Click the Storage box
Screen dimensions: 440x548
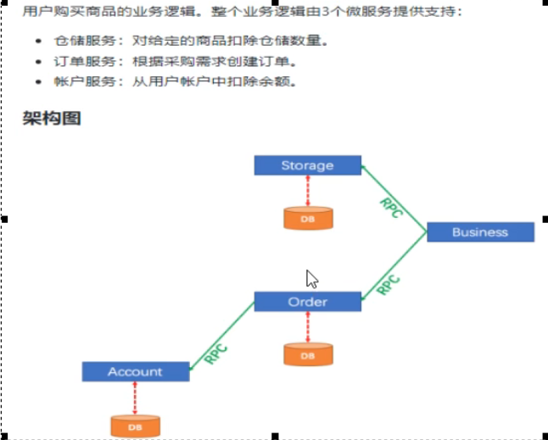(x=307, y=165)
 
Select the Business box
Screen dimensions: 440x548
(x=480, y=232)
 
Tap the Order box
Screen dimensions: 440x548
(x=307, y=302)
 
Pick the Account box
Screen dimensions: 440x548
(x=135, y=371)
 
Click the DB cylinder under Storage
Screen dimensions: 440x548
(x=307, y=219)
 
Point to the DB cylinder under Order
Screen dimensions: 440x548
(x=307, y=355)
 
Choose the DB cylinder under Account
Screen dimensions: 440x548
(x=135, y=426)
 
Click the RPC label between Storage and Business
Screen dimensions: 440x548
(x=391, y=207)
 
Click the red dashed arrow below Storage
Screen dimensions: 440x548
(x=307, y=191)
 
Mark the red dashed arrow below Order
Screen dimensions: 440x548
(x=307, y=327)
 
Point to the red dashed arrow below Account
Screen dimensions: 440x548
(x=135, y=398)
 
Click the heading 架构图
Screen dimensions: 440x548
(x=52, y=118)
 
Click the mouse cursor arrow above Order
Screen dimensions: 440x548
(x=311, y=278)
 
